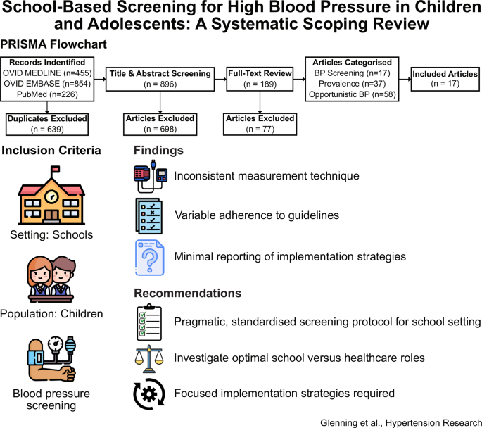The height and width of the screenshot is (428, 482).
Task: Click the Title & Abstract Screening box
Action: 160,78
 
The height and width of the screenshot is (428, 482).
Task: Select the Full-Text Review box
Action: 260,78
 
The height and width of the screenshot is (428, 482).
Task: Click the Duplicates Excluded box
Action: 46,124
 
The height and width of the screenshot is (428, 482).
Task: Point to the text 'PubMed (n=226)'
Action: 46,95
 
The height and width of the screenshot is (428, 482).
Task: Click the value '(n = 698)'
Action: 160,130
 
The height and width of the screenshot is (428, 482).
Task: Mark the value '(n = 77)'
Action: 260,130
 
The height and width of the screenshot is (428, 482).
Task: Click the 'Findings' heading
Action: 160,151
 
